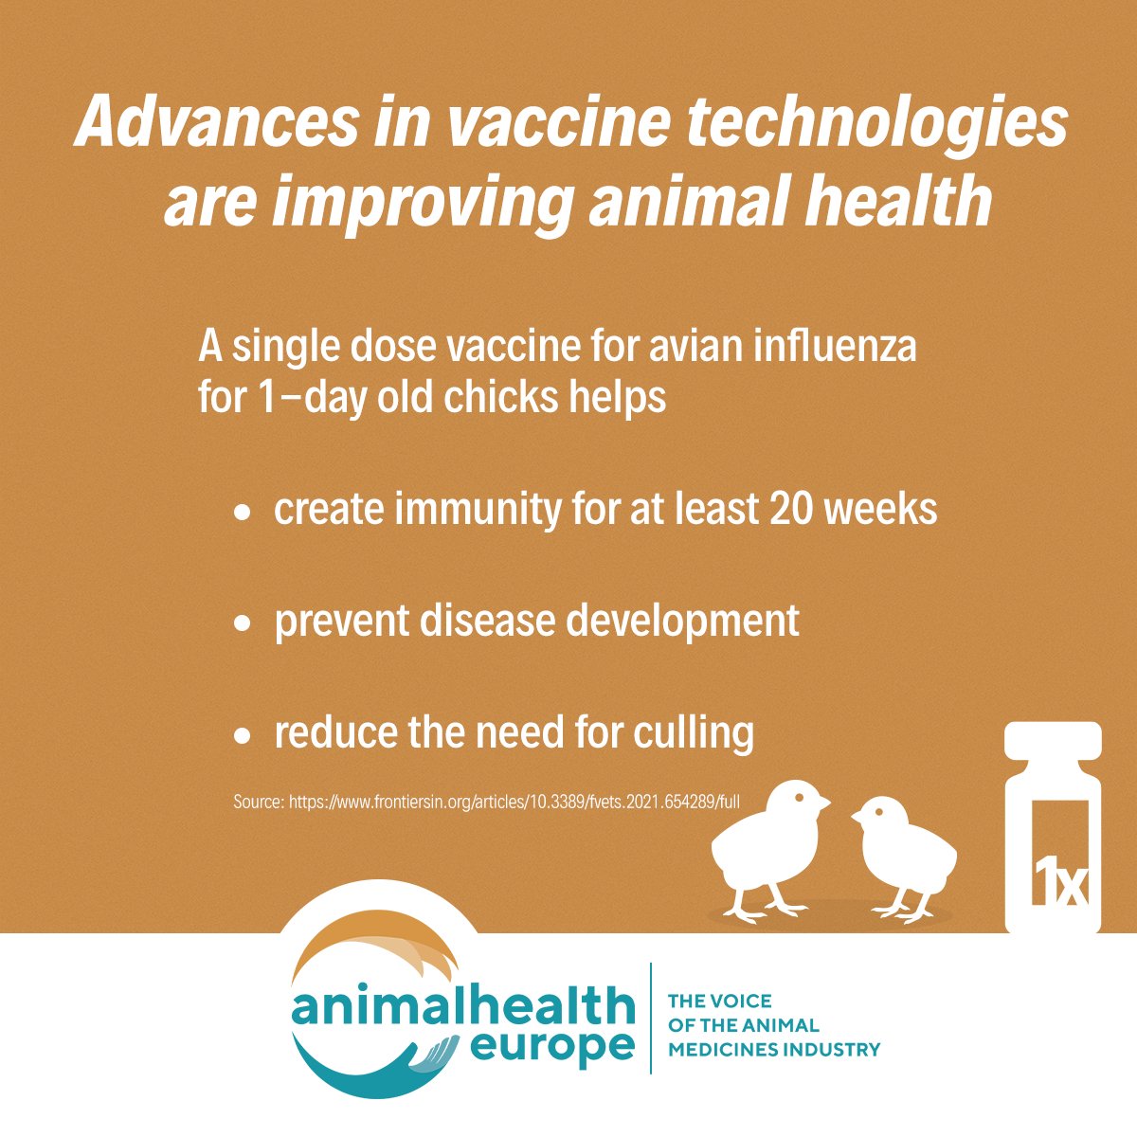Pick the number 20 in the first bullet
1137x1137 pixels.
[789, 510]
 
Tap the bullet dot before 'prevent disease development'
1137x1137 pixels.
[244, 623]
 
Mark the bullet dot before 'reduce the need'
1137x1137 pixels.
[244, 734]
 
